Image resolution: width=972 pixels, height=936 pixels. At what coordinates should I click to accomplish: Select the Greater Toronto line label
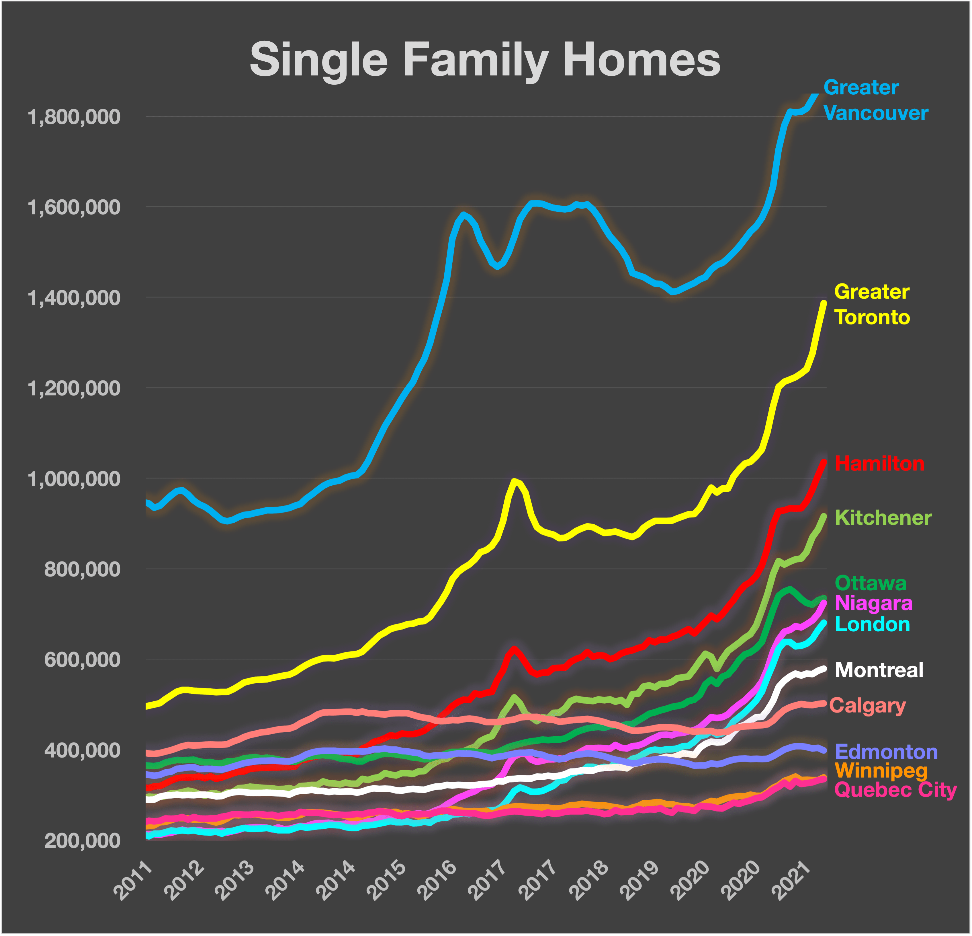coord(872,304)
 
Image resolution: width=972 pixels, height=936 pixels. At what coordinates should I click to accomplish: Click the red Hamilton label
coord(879,464)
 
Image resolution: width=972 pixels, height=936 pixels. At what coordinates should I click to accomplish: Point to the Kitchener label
coord(883,518)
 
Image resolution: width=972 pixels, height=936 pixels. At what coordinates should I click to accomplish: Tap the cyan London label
coord(872,624)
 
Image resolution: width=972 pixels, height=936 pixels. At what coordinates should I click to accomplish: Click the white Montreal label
coord(879,670)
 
